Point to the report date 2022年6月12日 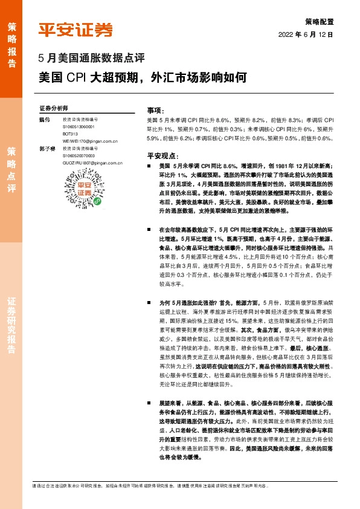pyautogui.click(x=306, y=34)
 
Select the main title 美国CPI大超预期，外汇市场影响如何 pyautogui.click(x=143, y=77)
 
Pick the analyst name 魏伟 pyautogui.click(x=43, y=120)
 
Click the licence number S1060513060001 pyautogui.click(x=82, y=128)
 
